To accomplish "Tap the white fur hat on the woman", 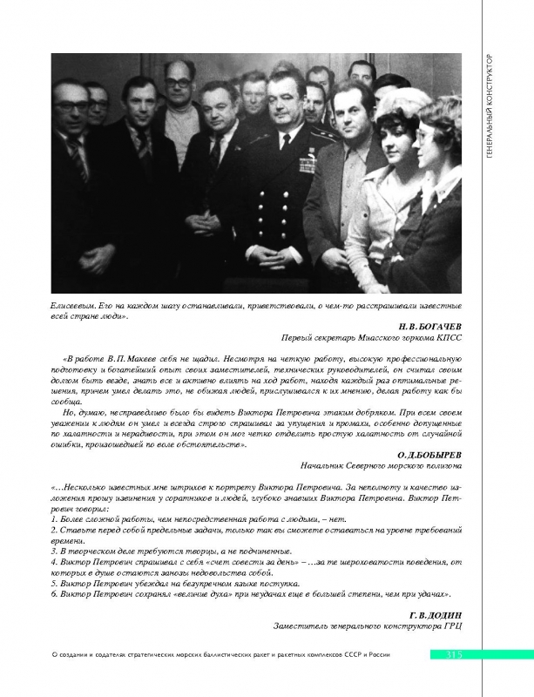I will pos(403,103).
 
